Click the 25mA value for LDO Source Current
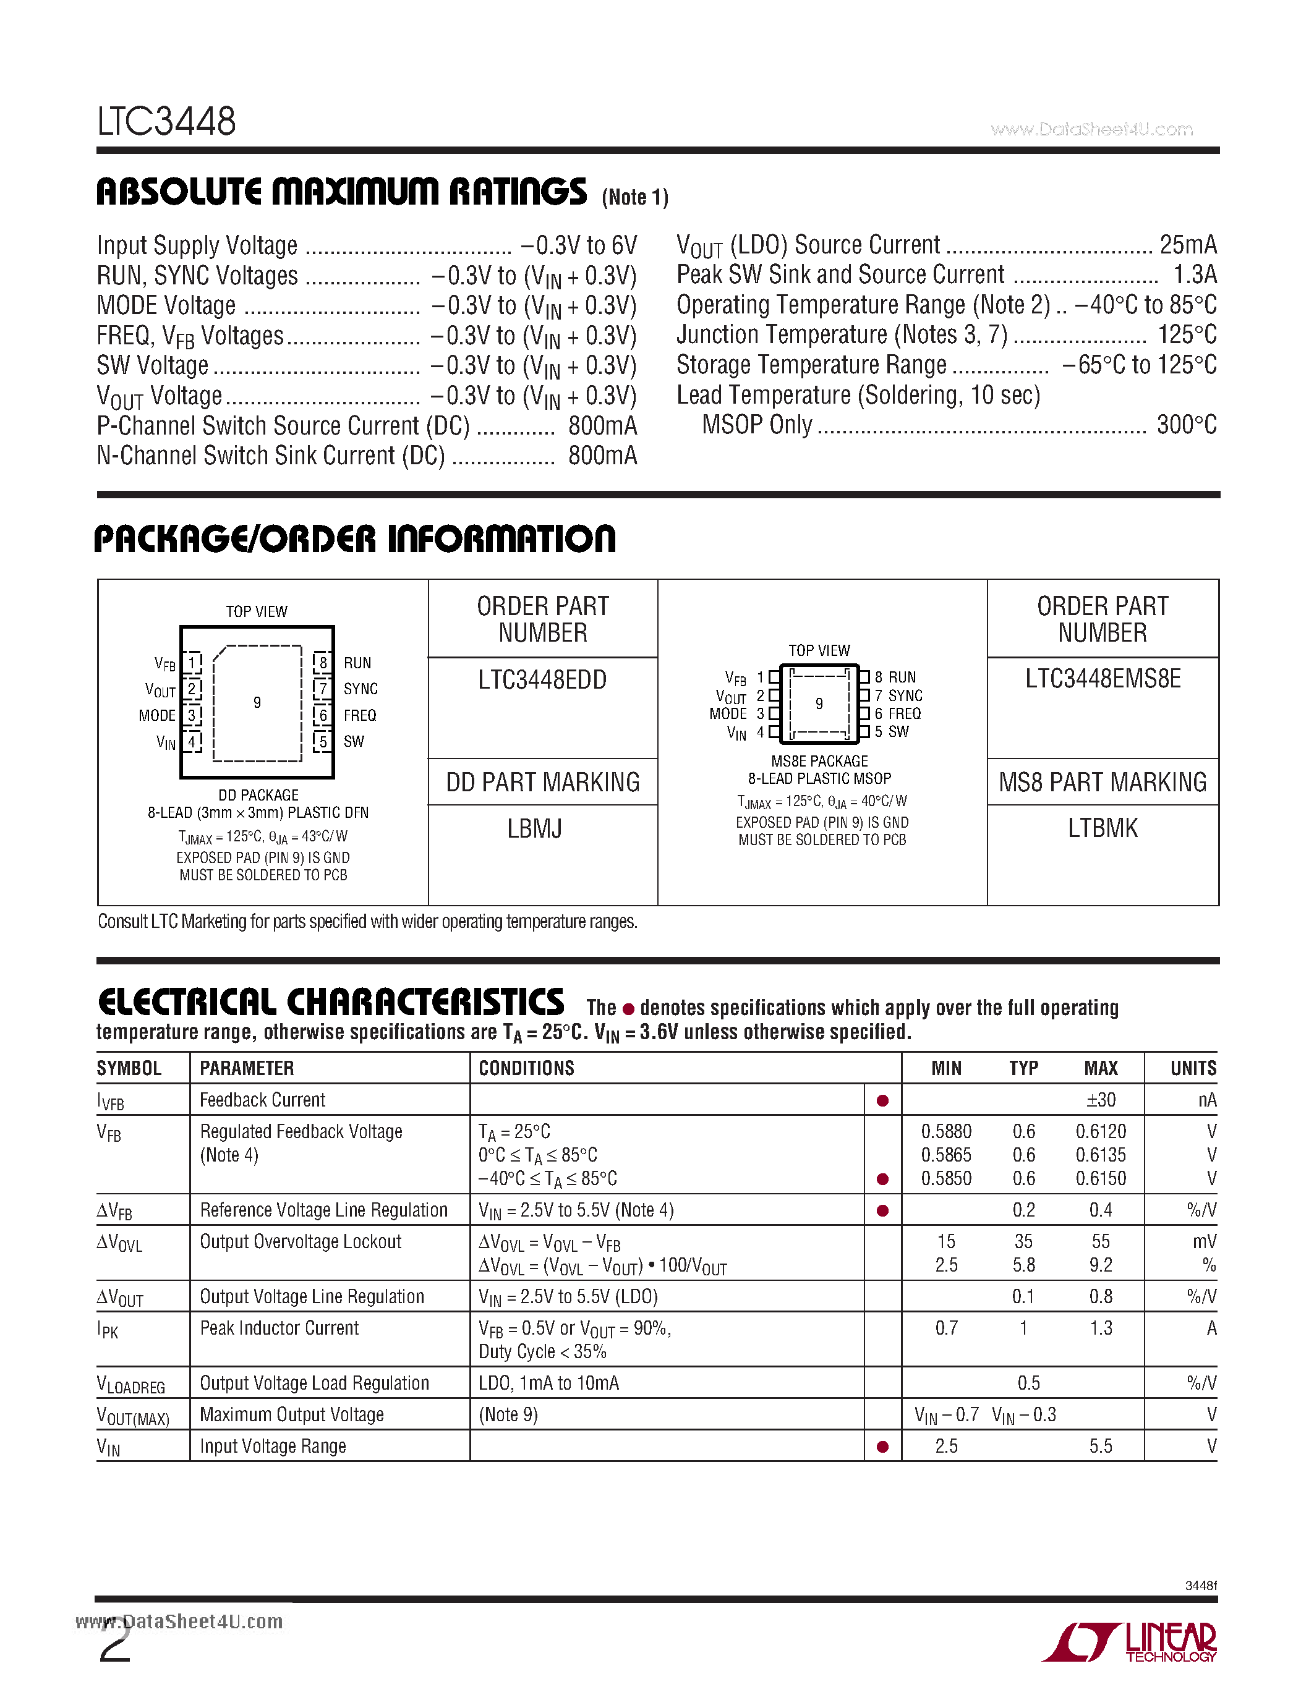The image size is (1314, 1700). (x=1187, y=245)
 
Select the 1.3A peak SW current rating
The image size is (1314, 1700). (x=1194, y=274)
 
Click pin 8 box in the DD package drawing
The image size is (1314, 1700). (x=322, y=663)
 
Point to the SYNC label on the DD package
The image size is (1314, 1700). (x=360, y=689)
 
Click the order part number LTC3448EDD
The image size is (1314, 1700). (x=542, y=679)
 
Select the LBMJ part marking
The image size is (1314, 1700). (x=534, y=829)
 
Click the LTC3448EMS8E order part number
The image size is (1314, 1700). (x=1103, y=679)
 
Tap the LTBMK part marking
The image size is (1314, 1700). (x=1103, y=828)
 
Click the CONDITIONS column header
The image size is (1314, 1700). (x=526, y=1068)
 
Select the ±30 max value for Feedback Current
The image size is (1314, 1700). (x=1101, y=1100)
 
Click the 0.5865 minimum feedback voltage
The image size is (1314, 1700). (x=946, y=1155)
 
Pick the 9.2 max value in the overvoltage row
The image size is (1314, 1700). (x=1101, y=1265)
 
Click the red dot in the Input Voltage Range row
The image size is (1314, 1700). (x=882, y=1447)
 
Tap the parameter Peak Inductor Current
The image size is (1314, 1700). (x=279, y=1328)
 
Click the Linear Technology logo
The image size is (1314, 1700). (x=1128, y=1643)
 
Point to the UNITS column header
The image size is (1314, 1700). (x=1193, y=1068)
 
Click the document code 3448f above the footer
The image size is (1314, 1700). (x=1200, y=1586)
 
